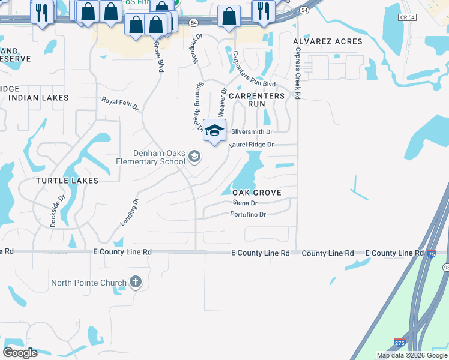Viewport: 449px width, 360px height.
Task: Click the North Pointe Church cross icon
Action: [x=136, y=282]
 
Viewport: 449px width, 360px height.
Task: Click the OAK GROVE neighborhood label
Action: [x=256, y=192]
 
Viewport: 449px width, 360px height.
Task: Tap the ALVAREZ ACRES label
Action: [x=327, y=41]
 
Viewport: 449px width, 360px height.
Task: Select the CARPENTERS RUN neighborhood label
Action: [x=256, y=100]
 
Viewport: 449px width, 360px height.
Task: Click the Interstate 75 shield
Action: [x=431, y=254]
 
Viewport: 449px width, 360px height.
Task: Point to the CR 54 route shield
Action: [x=406, y=17]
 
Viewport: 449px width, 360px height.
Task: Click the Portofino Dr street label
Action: [x=248, y=214]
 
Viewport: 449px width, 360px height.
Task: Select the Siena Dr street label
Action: [x=244, y=203]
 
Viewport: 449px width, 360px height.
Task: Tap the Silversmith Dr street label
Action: [x=252, y=132]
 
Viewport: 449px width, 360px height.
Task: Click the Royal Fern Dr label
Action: [x=120, y=104]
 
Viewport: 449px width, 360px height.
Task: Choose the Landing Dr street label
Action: [x=129, y=212]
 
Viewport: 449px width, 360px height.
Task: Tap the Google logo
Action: [x=20, y=353]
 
